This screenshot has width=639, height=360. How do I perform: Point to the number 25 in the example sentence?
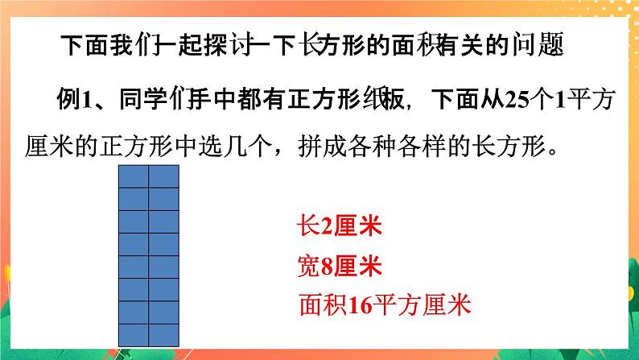[x=514, y=100]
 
